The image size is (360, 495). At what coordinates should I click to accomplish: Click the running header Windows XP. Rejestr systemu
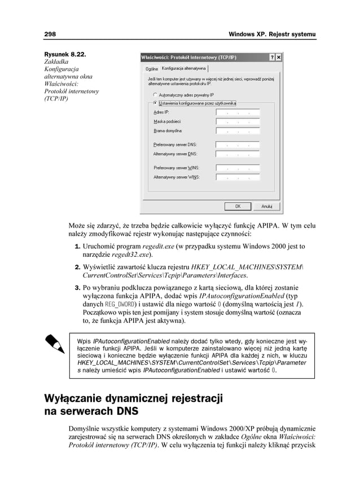pos(272,36)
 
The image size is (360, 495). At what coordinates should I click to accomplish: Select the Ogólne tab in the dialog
pos(151,68)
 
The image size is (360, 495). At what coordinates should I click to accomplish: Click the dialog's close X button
pos(279,58)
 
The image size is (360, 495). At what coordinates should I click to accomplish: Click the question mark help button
pos(271,58)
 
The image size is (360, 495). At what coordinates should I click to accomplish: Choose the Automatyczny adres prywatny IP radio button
pos(156,95)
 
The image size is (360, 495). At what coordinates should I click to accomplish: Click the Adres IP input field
pos(237,112)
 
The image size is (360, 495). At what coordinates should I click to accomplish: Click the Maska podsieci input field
pos(237,121)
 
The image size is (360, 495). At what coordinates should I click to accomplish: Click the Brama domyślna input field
pos(237,131)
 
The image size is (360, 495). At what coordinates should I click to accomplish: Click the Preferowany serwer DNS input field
pos(237,144)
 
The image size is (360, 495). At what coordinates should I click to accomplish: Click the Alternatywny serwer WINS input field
pos(237,177)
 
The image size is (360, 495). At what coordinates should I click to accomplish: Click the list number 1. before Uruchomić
pos(78,247)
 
